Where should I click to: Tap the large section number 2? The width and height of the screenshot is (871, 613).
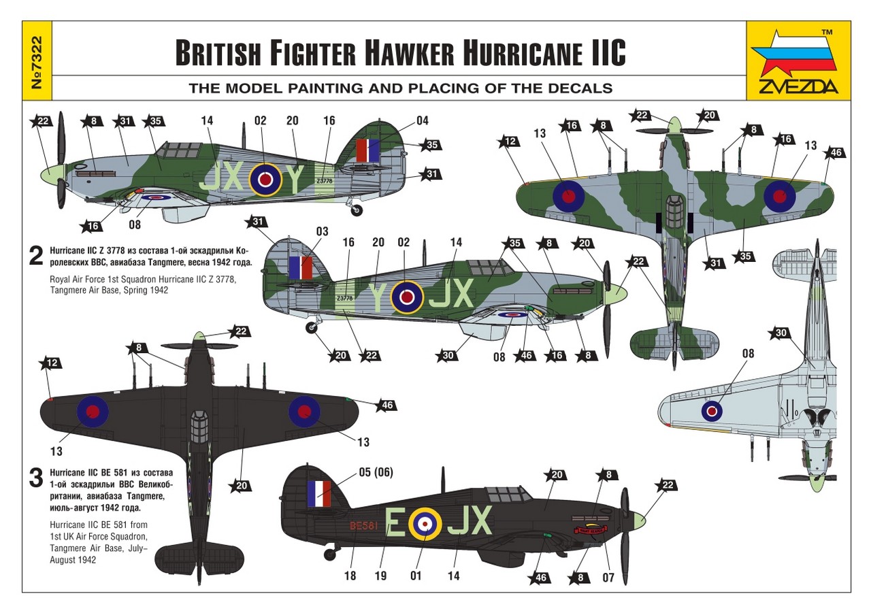[x=35, y=255]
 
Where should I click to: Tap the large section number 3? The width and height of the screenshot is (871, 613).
[x=36, y=478]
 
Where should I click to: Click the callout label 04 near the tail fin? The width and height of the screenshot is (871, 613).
[x=423, y=120]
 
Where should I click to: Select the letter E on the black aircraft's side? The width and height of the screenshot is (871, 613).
[x=393, y=522]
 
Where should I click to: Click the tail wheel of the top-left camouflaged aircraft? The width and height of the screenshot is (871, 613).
[x=357, y=210]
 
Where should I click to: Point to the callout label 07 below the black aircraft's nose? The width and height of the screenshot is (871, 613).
[x=608, y=578]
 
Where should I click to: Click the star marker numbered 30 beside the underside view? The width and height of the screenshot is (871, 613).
[x=780, y=333]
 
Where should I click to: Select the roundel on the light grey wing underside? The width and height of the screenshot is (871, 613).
[x=712, y=410]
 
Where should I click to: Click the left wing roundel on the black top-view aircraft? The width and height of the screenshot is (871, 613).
[x=92, y=410]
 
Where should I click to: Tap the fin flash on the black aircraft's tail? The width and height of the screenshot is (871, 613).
[x=318, y=493]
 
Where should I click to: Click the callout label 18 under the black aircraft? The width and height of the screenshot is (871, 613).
[x=350, y=576]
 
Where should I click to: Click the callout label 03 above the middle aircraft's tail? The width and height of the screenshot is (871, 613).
[x=322, y=231]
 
